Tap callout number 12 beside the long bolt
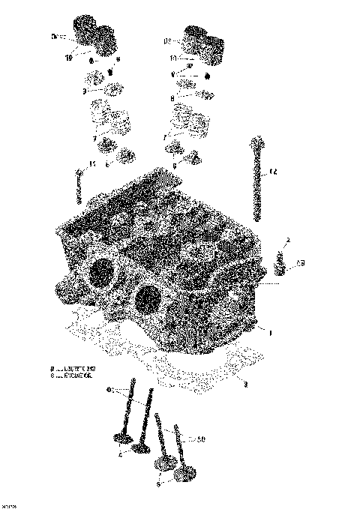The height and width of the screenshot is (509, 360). pos(274,173)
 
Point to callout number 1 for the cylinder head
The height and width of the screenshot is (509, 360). pos(271,331)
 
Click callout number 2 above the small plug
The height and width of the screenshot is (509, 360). pos(287,240)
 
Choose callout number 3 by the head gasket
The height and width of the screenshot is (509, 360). pos(244,384)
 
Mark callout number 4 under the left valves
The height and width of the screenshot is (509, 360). pos(120,454)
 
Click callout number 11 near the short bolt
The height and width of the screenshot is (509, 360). pos(92,164)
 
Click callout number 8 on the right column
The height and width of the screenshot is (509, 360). pos(172,97)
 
